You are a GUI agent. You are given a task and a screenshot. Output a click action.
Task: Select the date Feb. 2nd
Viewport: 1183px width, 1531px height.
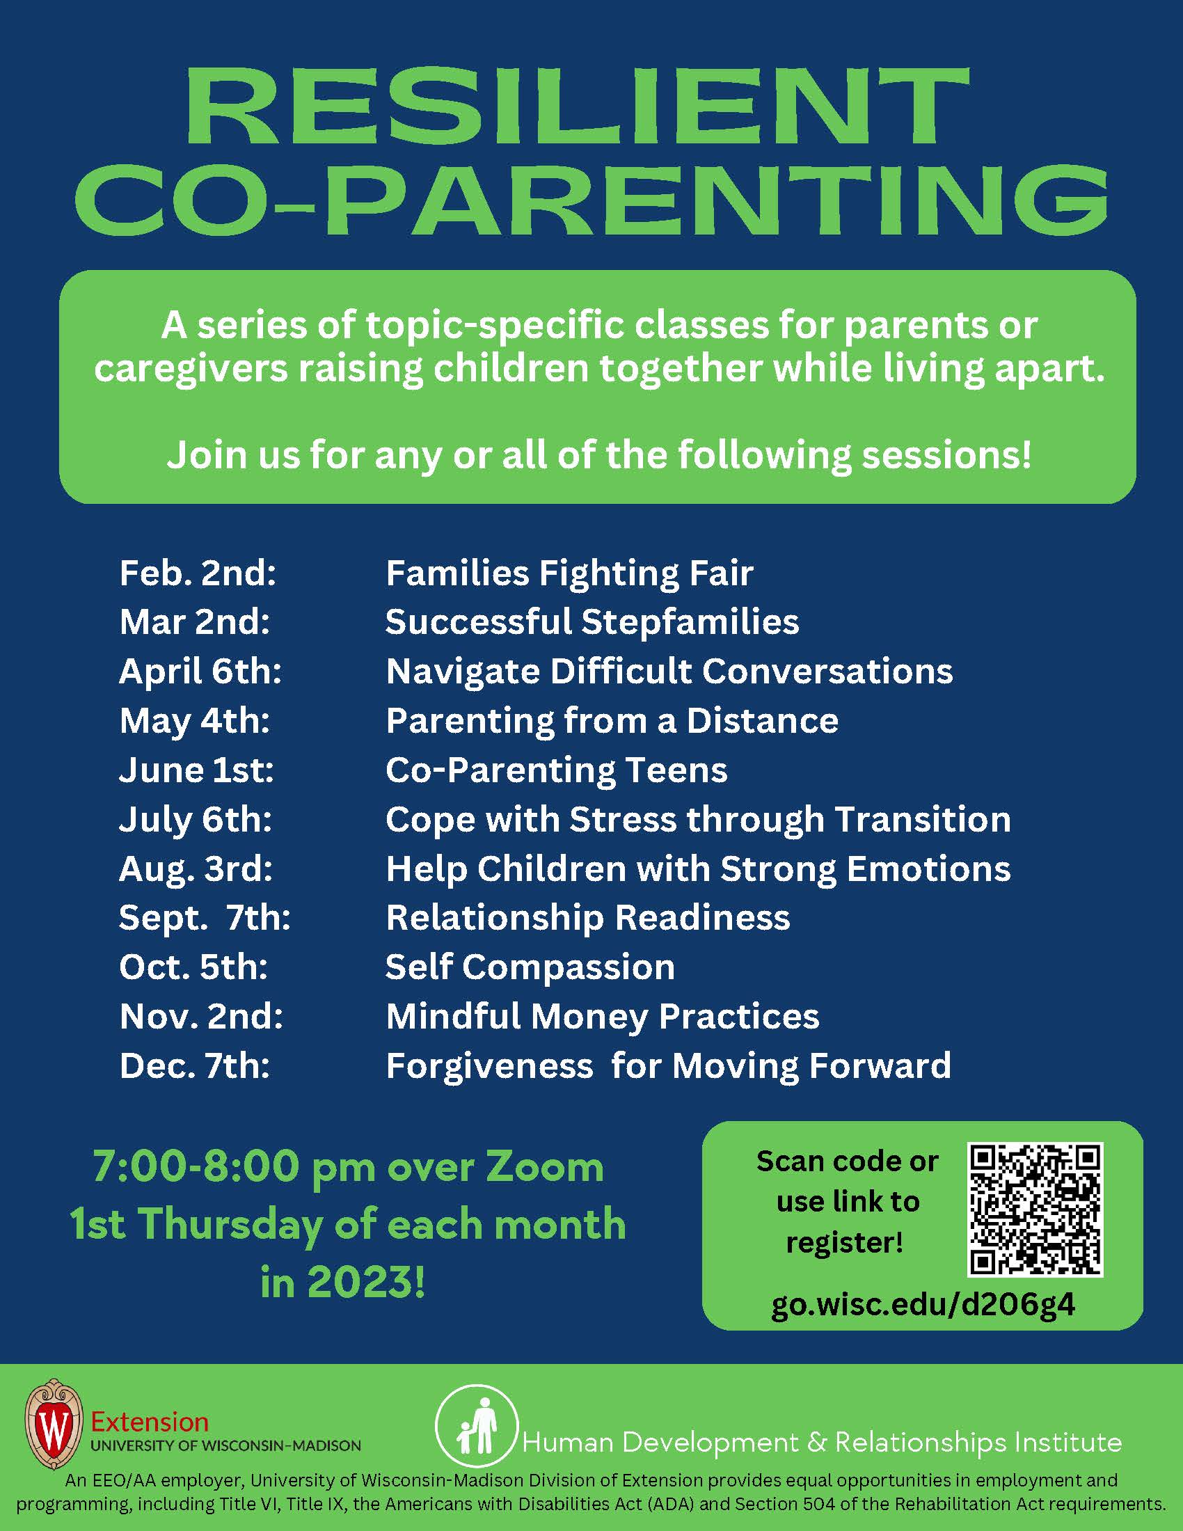[x=198, y=573]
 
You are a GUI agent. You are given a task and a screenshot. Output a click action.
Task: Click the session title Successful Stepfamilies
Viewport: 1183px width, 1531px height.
[x=592, y=621]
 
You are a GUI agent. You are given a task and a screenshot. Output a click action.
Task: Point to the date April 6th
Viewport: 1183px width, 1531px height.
[x=200, y=671]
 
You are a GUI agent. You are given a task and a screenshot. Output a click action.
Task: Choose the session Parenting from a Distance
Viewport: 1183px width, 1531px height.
[x=612, y=721]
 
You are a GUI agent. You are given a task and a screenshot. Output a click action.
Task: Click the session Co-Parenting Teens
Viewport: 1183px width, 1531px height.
[x=557, y=770]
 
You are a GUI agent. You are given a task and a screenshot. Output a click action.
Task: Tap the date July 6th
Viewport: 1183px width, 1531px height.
[x=196, y=819]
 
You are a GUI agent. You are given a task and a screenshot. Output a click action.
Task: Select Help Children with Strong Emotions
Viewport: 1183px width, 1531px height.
[x=698, y=868]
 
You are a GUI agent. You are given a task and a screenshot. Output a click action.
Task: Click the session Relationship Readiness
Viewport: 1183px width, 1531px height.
[x=588, y=918]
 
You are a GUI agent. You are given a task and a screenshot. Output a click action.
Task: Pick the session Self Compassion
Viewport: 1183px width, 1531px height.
[x=530, y=967]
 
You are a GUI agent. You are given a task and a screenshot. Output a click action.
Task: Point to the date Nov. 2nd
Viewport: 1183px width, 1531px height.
[x=201, y=1017]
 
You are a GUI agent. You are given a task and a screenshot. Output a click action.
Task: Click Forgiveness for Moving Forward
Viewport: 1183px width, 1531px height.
[x=668, y=1065]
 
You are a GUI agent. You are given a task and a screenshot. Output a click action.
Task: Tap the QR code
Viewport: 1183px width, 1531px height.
[x=1035, y=1209]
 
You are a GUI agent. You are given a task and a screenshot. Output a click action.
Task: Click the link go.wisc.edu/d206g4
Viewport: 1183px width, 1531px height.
[x=922, y=1305]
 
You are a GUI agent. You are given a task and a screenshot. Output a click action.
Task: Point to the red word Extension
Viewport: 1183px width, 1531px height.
[x=150, y=1422]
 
